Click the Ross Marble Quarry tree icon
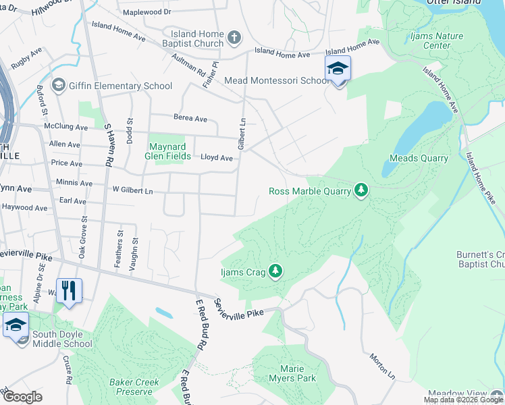click(x=362, y=191)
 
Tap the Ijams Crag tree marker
click(x=275, y=271)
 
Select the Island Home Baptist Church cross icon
click(x=234, y=38)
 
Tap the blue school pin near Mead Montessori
click(x=338, y=70)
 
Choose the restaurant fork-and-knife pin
click(x=69, y=291)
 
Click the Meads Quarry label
click(x=419, y=159)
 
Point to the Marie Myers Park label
click(x=297, y=373)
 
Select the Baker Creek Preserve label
click(x=134, y=387)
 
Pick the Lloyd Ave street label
click(x=217, y=158)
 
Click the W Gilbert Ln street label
click(x=133, y=191)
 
